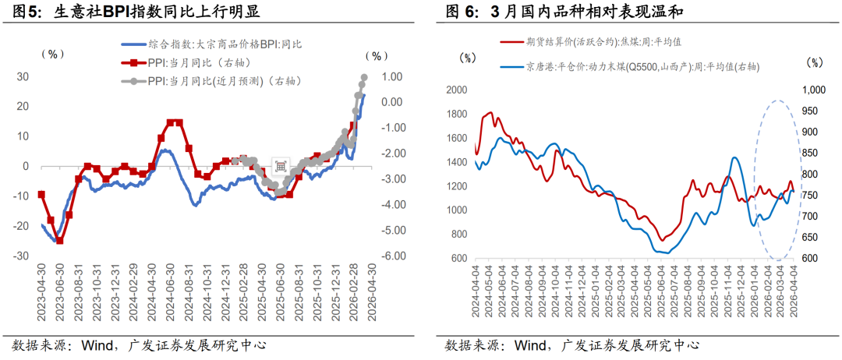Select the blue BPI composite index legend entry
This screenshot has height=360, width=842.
(x=210, y=45)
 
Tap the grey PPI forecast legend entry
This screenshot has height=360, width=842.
(x=210, y=81)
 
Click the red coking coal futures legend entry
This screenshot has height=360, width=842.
(x=593, y=41)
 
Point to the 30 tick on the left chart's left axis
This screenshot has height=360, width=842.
(x=23, y=76)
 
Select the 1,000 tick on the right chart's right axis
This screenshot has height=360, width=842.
(x=813, y=90)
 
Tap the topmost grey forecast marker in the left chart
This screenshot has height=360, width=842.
(x=363, y=77)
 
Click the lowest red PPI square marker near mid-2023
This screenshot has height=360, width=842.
(x=59, y=240)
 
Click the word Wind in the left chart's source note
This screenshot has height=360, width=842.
(x=95, y=345)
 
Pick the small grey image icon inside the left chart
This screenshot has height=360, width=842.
(x=281, y=164)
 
